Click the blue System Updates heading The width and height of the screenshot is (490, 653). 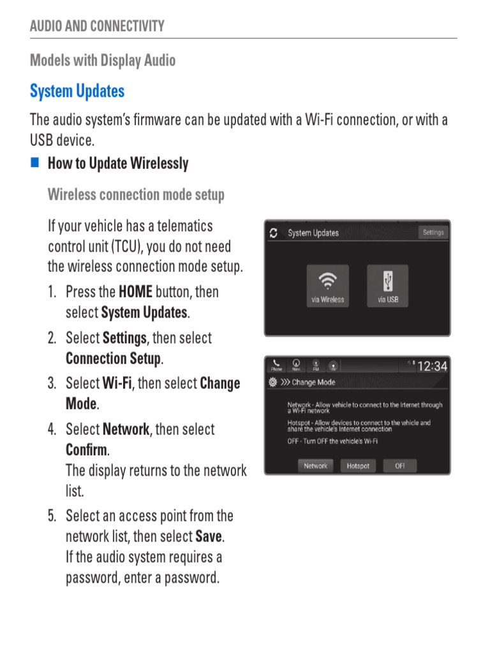coord(77,91)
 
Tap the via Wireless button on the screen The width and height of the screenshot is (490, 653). coord(328,286)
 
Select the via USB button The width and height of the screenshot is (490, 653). coord(387,286)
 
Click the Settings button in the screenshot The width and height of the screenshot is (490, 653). coord(433,233)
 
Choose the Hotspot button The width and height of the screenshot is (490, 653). coord(358,466)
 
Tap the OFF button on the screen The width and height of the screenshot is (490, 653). coord(400,466)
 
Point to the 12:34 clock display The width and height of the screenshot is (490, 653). coord(432,366)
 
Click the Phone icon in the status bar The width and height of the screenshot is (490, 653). coord(276,365)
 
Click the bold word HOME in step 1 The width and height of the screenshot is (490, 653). coord(135,292)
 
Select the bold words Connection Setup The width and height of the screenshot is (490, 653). coord(114,358)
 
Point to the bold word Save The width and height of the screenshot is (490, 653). coord(209,536)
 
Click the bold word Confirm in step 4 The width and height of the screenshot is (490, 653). coord(86,450)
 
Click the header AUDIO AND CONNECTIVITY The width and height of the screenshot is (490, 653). coord(97,26)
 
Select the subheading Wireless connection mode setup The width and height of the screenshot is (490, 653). coord(136,194)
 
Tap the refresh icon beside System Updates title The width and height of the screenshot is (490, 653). coord(274,233)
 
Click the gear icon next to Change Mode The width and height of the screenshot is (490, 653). coord(273,383)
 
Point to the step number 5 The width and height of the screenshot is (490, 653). coord(51,516)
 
